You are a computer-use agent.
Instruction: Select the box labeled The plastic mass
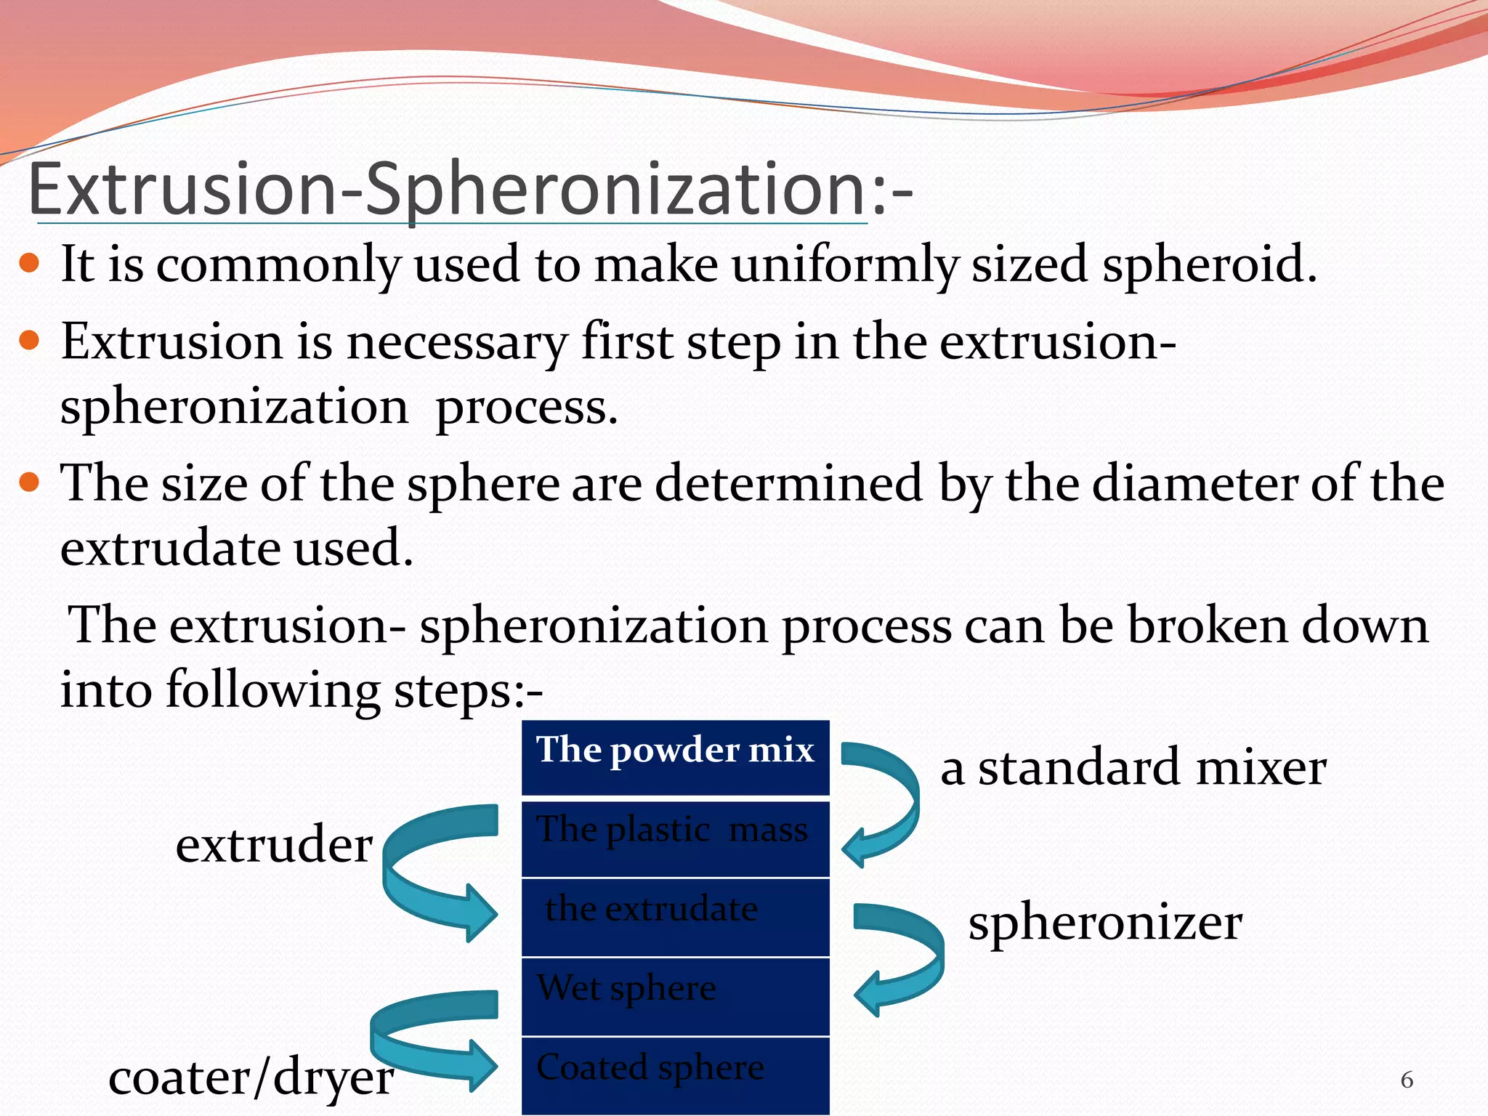click(x=675, y=837)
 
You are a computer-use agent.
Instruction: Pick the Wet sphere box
click(x=675, y=995)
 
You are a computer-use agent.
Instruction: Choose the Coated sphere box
click(x=675, y=1074)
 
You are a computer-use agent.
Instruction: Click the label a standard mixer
click(x=1133, y=768)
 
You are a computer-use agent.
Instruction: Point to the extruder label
click(x=274, y=845)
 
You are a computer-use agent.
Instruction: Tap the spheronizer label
click(x=1104, y=923)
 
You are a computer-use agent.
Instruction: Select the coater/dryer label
click(x=251, y=1077)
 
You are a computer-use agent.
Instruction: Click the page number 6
click(x=1407, y=1080)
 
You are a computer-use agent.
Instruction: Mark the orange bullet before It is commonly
click(x=29, y=262)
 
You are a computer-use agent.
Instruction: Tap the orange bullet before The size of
click(x=29, y=482)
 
